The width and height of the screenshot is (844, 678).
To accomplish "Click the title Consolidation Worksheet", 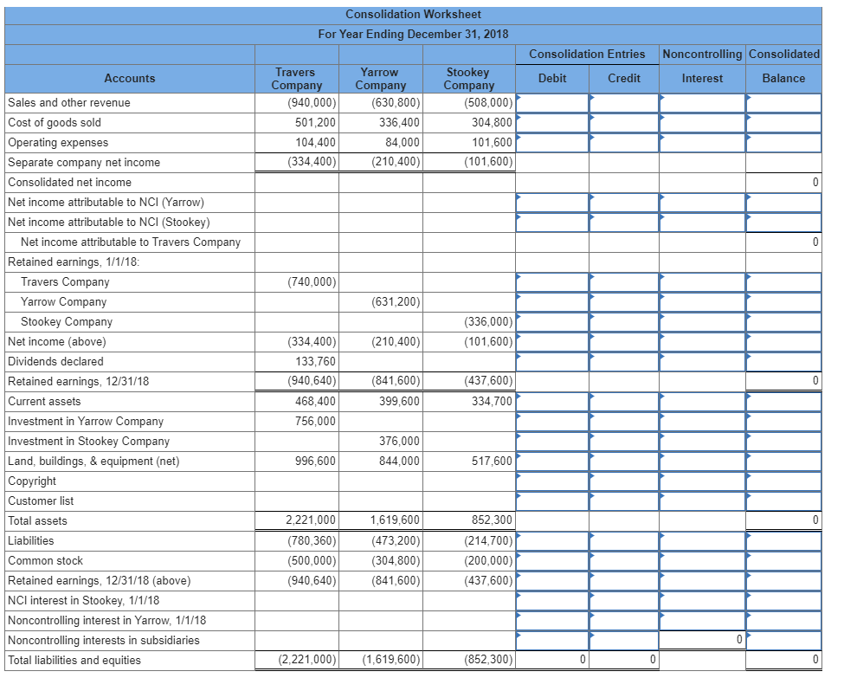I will [413, 14].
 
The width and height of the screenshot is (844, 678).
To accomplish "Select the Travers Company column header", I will [296, 79].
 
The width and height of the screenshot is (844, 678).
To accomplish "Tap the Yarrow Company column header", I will [380, 79].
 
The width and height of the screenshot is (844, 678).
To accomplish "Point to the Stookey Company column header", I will [468, 79].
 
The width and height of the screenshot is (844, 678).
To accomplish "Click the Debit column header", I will [552, 78].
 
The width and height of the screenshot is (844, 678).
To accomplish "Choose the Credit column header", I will [624, 78].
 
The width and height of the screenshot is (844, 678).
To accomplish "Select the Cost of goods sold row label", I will [55, 122].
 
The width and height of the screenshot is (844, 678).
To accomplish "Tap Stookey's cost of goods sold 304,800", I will [492, 122].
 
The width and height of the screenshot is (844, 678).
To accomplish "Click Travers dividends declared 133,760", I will [315, 361].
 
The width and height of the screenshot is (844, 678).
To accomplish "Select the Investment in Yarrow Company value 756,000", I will [315, 421].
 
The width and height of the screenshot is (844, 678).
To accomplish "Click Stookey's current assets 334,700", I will [492, 401].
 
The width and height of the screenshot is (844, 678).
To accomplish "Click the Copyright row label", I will [32, 481].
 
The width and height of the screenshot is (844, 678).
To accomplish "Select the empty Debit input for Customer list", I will [552, 500].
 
